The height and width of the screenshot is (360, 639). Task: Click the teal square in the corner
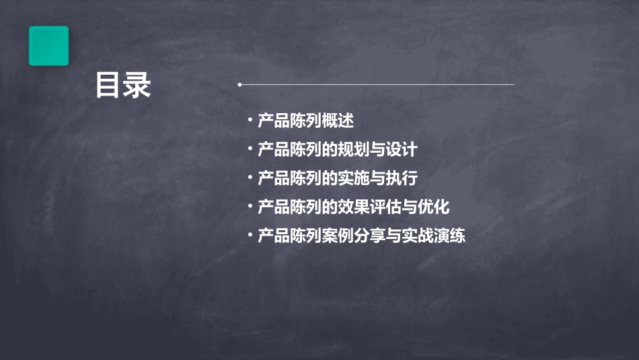(x=48, y=46)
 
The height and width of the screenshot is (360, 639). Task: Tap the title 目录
(x=123, y=85)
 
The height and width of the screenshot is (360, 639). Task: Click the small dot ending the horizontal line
(x=239, y=85)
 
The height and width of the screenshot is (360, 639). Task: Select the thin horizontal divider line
(x=377, y=85)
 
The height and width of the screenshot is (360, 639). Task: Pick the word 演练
(x=450, y=236)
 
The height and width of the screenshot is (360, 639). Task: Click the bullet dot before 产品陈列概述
(x=250, y=121)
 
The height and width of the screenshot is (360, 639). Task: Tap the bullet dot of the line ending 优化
(x=250, y=207)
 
